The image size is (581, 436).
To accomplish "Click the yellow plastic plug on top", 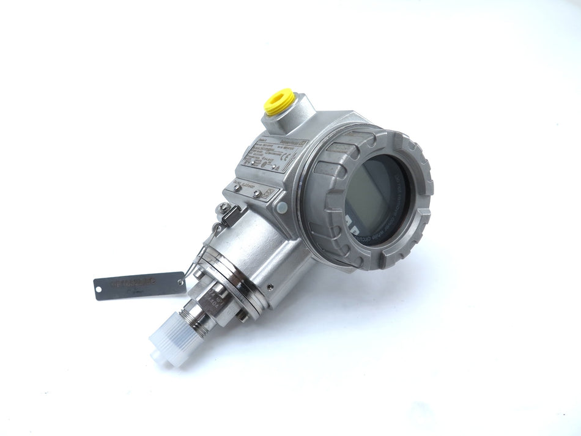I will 279,101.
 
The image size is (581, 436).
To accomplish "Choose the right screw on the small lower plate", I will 257,194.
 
